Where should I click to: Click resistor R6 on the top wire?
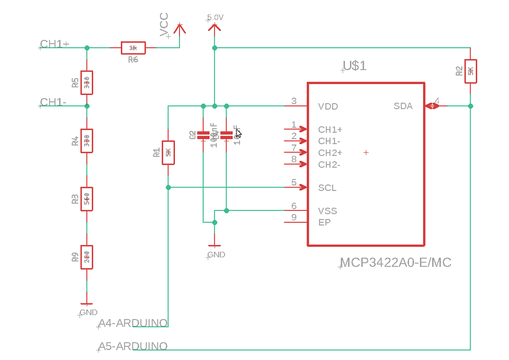click(133, 48)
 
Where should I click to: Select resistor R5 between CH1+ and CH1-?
click(87, 83)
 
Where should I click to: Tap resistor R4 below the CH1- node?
click(87, 142)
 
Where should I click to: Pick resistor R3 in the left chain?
click(87, 199)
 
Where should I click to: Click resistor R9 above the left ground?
click(87, 258)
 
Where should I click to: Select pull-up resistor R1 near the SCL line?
click(169, 153)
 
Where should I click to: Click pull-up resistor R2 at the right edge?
click(470, 71)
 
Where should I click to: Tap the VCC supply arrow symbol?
click(179, 30)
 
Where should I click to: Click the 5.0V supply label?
click(215, 17)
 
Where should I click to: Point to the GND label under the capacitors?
click(216, 255)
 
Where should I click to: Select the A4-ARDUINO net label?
click(133, 324)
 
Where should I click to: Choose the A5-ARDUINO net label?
click(133, 346)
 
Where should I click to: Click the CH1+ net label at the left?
click(54, 44)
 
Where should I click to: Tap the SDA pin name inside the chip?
click(403, 106)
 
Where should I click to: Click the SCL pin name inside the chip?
click(327, 187)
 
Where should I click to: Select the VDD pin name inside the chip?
click(328, 106)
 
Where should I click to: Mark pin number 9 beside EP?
click(294, 217)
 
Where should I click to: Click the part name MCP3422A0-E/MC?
click(396, 263)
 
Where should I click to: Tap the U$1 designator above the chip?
click(355, 66)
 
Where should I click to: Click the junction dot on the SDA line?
click(470, 106)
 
